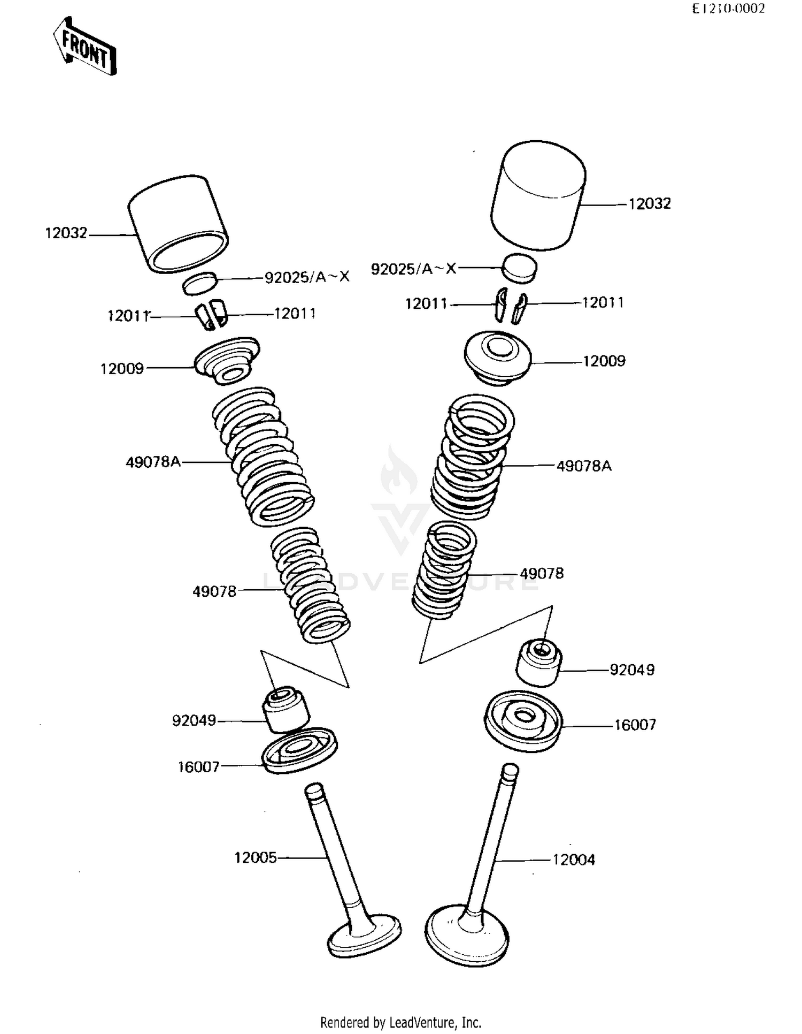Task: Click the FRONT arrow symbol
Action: point(84,47)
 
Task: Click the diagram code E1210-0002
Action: point(728,9)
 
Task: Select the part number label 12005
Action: point(256,858)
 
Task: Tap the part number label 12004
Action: point(573,860)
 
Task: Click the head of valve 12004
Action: point(466,934)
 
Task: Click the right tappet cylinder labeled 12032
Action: point(537,195)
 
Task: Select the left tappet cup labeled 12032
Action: point(178,224)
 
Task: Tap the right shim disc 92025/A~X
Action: point(520,267)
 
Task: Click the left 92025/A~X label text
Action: point(307,277)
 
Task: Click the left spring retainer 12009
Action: point(227,360)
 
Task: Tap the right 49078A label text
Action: point(584,466)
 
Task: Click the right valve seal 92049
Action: point(538,663)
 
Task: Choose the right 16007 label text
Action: point(635,725)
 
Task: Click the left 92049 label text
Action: point(194,720)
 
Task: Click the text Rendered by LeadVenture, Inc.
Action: point(400,1022)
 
